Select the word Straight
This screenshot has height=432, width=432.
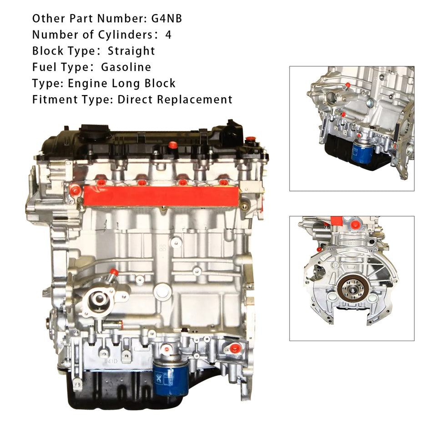(131, 51)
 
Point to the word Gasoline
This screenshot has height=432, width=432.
(126, 67)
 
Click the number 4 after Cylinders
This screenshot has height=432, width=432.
(169, 35)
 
